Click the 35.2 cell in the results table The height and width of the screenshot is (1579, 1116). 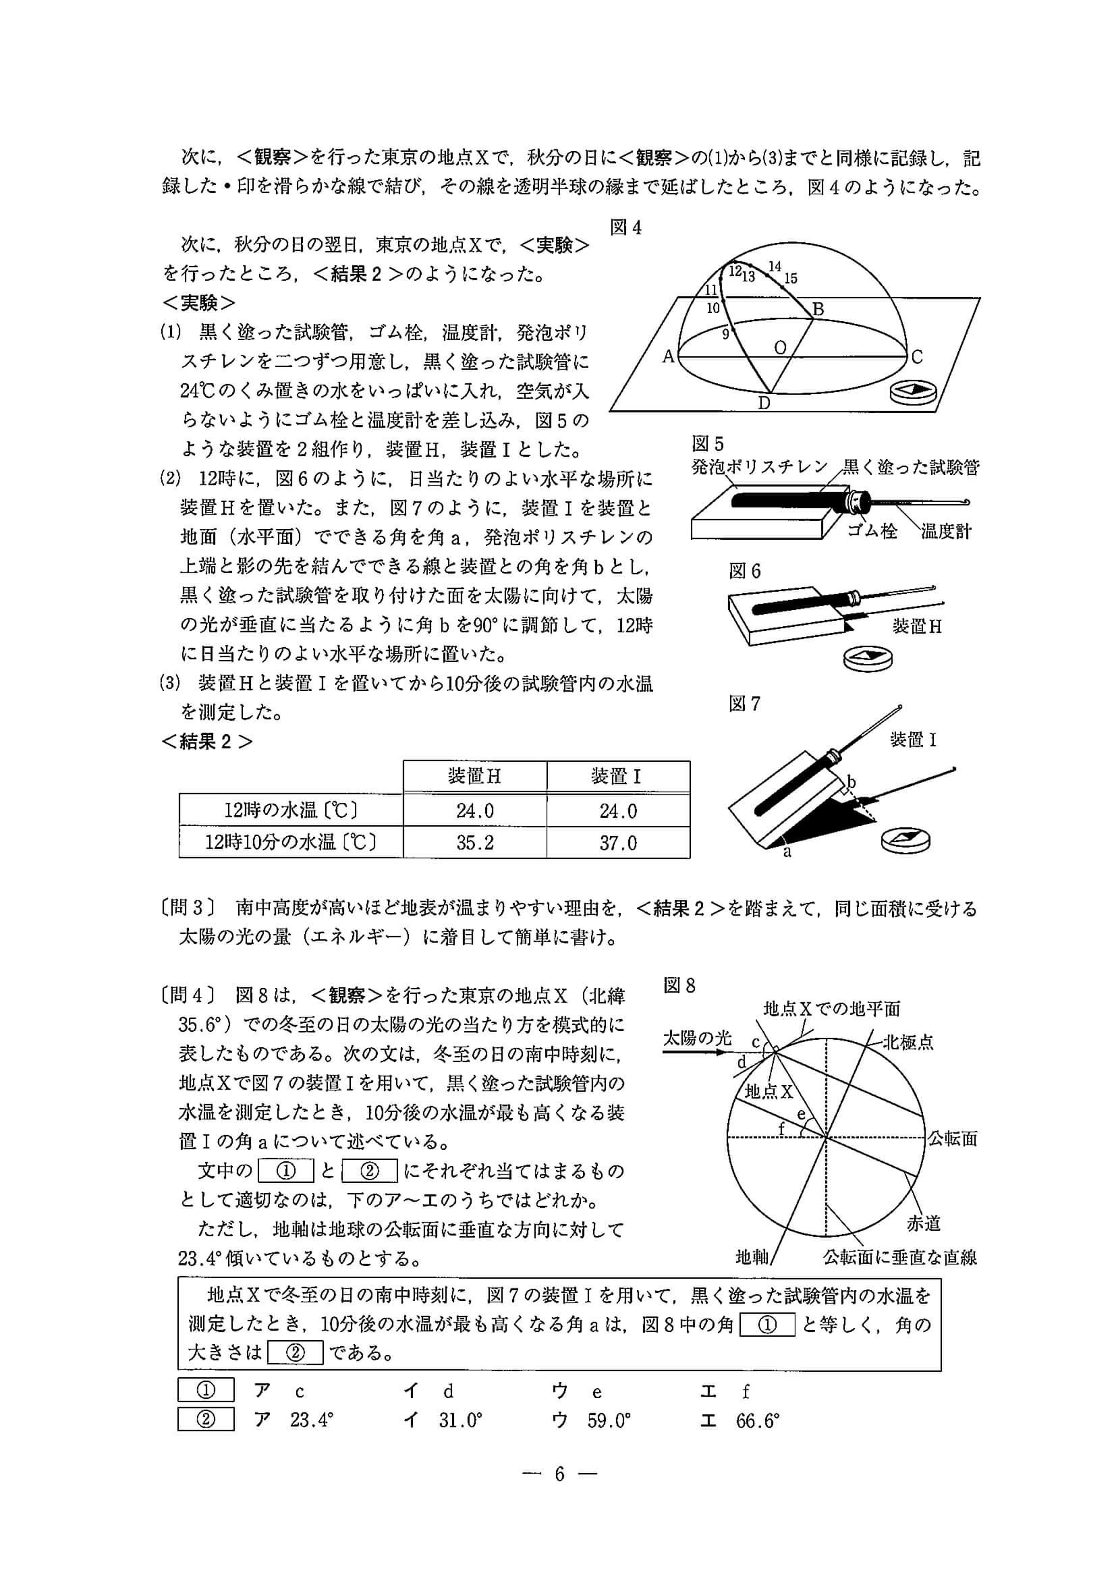click(x=474, y=842)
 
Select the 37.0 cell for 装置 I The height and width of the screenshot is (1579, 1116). click(x=617, y=842)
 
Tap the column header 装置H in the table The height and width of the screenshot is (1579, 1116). click(x=474, y=777)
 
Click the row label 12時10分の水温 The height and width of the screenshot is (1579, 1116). click(x=290, y=842)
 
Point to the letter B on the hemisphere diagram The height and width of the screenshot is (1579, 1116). click(x=818, y=309)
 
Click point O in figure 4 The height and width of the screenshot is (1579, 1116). click(x=780, y=348)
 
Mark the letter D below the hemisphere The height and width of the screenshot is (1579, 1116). click(x=764, y=404)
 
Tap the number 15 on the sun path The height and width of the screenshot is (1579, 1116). click(x=791, y=279)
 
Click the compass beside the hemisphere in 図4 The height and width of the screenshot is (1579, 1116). click(x=912, y=391)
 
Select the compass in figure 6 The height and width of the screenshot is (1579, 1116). click(x=868, y=657)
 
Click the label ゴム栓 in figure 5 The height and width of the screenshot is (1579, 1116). click(x=872, y=531)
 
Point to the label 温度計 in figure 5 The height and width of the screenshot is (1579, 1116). click(x=946, y=531)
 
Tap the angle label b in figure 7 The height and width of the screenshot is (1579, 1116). click(x=852, y=781)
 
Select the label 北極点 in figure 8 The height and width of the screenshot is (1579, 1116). click(x=908, y=1042)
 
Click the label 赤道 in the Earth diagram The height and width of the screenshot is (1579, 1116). click(x=923, y=1223)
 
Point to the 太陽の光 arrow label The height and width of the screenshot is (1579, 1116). click(x=696, y=1038)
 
